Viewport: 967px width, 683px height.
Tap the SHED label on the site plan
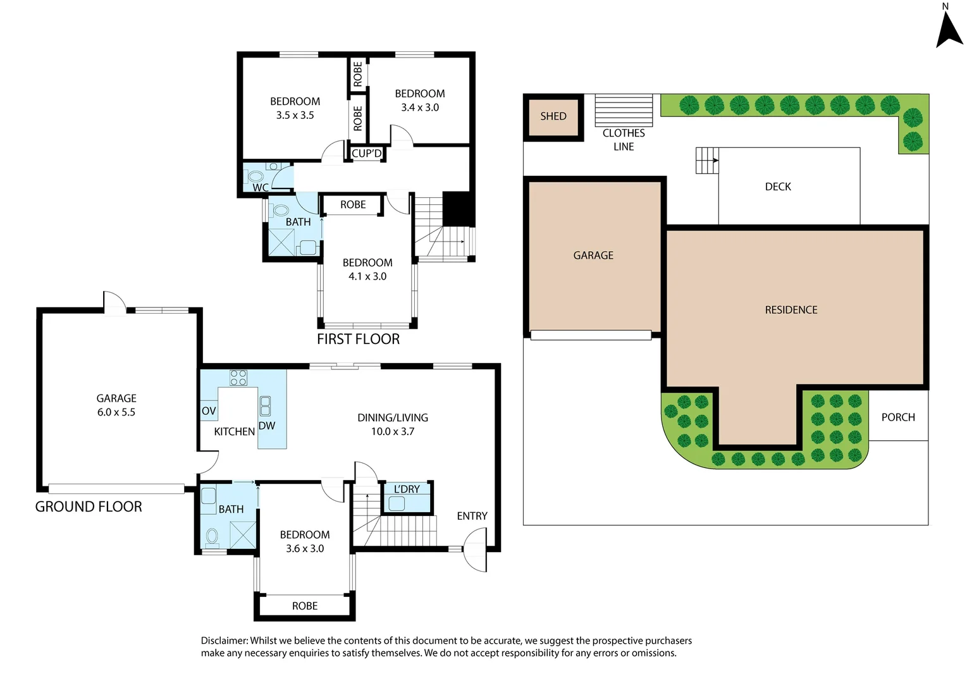(x=553, y=116)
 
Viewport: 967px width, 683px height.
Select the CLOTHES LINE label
(x=624, y=140)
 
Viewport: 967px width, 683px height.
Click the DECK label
(x=778, y=187)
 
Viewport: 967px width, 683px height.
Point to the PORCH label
(x=898, y=417)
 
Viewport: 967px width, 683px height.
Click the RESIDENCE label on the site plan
(x=791, y=310)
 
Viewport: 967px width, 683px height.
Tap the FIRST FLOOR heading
(x=358, y=340)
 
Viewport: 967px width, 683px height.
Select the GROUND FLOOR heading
(x=89, y=507)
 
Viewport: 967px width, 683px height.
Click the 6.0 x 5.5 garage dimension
(x=116, y=412)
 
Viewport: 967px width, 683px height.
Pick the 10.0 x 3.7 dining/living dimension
(x=393, y=432)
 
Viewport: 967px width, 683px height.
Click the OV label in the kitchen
(x=209, y=411)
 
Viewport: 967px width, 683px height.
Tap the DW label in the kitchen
(x=267, y=426)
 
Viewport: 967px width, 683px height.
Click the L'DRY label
(x=407, y=489)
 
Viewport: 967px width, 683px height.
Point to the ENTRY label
(x=472, y=516)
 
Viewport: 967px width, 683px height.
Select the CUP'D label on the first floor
(x=367, y=154)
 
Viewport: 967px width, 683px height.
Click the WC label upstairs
(x=260, y=187)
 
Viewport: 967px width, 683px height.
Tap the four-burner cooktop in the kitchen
(x=238, y=378)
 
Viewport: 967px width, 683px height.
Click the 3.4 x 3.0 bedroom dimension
(x=420, y=108)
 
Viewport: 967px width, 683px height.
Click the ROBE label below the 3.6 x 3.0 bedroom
(x=305, y=606)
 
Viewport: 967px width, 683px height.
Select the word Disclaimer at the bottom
(x=225, y=641)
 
